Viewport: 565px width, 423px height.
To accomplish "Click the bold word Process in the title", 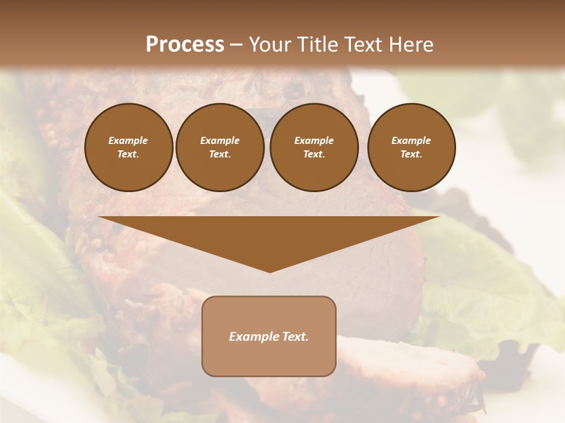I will pyautogui.click(x=185, y=45).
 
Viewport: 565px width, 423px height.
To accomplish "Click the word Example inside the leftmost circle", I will pyautogui.click(x=128, y=140).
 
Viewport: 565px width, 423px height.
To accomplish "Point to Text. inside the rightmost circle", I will pyautogui.click(x=411, y=154).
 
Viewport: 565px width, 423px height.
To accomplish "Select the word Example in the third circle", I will pyautogui.click(x=314, y=140).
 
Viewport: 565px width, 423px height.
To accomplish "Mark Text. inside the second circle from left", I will pyautogui.click(x=220, y=154).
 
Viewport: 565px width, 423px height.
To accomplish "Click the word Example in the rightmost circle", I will pyautogui.click(x=411, y=140).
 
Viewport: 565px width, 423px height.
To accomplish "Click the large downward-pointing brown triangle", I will pyautogui.click(x=269, y=235).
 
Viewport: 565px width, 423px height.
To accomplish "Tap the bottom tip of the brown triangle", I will pyautogui.click(x=270, y=270).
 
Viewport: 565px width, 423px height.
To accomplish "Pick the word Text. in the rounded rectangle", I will pyautogui.click(x=295, y=337).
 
